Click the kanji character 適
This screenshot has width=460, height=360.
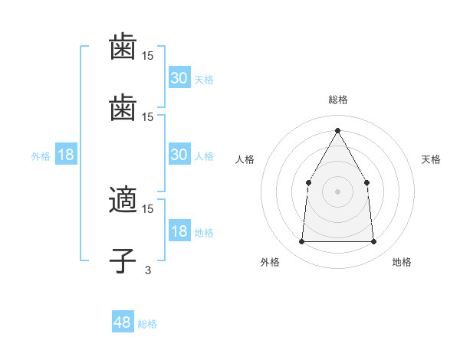[123, 201]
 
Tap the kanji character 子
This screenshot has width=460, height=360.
[123, 260]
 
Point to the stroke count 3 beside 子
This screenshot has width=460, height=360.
[148, 270]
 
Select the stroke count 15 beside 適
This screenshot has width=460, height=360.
[148, 208]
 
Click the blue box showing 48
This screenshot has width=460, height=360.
[123, 322]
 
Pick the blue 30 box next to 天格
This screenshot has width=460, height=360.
[179, 78]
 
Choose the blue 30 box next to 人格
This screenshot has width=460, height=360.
[179, 155]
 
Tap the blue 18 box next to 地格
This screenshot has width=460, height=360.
[179, 232]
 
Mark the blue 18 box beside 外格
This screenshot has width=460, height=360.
[66, 155]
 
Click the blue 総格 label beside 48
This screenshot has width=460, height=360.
[147, 324]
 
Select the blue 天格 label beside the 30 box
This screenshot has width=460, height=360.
[204, 80]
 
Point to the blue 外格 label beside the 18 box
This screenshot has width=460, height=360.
[41, 156]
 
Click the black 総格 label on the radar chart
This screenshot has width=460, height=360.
[338, 100]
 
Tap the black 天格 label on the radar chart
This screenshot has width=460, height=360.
[432, 159]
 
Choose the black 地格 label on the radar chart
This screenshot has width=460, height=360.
[402, 262]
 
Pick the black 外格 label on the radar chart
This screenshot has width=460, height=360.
[270, 262]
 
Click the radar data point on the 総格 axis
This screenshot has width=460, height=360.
[337, 130]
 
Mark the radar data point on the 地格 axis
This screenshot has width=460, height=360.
[373, 242]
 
